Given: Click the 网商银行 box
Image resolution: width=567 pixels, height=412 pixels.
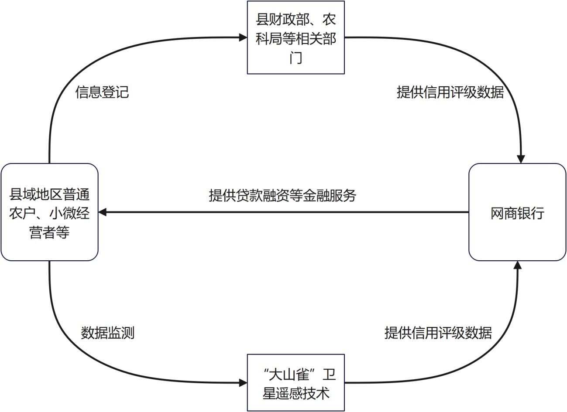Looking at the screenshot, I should tap(517, 212).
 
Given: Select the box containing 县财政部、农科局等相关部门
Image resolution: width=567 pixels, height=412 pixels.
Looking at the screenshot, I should tap(296, 37).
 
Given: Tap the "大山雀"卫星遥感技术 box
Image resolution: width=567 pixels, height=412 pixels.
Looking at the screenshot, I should tap(296, 383).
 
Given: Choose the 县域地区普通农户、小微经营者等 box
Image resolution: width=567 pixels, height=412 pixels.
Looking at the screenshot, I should tap(49, 212).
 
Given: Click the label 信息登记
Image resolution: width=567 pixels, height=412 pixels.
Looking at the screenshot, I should tap(102, 92).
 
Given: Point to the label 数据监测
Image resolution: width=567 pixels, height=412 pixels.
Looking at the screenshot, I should tap(107, 333).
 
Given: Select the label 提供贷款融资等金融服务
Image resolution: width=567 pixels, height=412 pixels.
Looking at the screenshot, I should tap(282, 195).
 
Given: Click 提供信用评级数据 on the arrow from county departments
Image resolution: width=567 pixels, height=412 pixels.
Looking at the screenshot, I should tap(450, 92).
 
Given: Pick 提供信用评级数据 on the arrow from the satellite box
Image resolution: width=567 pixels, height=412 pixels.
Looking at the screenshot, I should tap(438, 333).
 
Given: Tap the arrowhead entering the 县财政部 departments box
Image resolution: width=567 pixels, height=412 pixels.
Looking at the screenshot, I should tap(243, 37).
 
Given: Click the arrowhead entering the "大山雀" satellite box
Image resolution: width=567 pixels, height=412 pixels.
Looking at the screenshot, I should tap(243, 383).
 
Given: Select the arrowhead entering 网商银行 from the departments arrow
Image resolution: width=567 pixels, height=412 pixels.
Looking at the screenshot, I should tap(520, 159).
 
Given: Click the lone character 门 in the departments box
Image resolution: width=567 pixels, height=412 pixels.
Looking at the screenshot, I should tap(296, 58).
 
